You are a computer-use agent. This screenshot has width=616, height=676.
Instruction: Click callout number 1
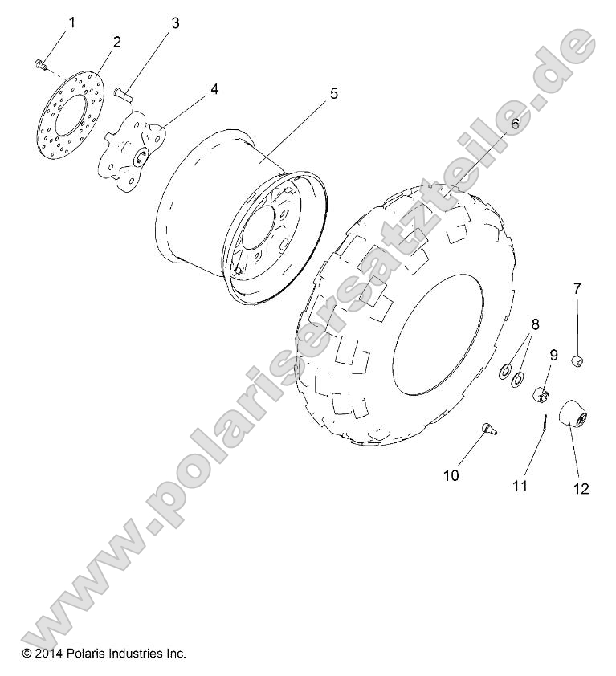(71, 22)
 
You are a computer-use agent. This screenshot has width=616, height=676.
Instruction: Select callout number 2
(116, 43)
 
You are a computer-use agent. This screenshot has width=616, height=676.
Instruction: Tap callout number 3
(174, 23)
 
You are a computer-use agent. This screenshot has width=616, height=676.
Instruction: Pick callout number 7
(577, 288)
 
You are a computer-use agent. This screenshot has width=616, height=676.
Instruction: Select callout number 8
(535, 325)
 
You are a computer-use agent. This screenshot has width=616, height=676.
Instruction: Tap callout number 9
(553, 354)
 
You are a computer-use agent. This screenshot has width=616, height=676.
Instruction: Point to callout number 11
(520, 486)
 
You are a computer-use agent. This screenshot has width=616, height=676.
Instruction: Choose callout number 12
(581, 488)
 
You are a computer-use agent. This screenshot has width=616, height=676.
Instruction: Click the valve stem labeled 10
(488, 430)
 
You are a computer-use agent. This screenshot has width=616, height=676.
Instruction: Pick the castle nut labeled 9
(542, 394)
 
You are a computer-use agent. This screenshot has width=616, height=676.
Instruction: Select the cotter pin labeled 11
(544, 421)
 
